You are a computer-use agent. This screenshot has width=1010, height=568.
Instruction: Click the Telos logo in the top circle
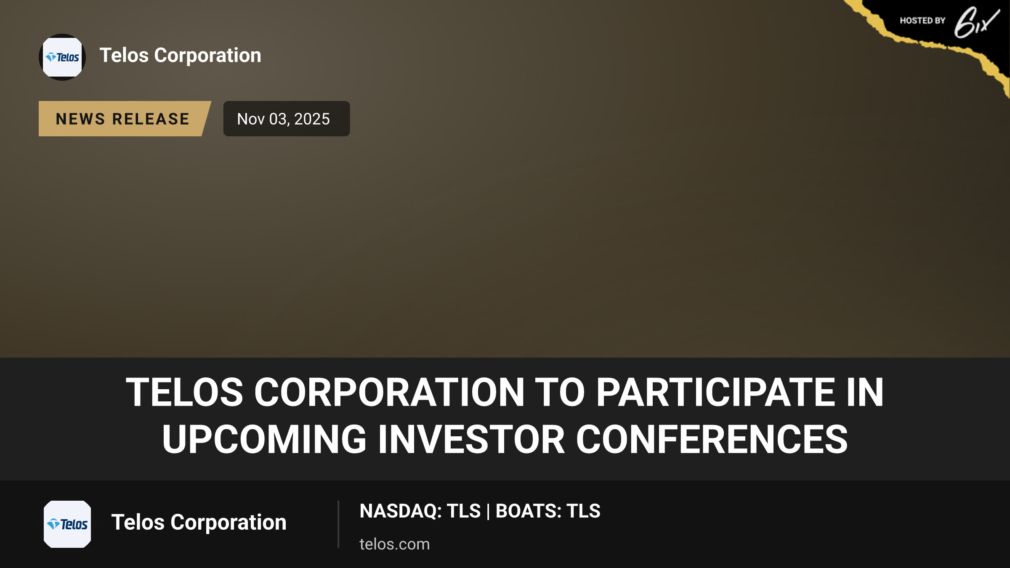click(62, 57)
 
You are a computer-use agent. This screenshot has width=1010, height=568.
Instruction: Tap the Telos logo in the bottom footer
click(67, 524)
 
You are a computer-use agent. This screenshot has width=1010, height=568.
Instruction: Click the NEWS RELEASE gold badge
click(125, 119)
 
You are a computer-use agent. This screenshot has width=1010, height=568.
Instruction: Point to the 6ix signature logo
click(976, 22)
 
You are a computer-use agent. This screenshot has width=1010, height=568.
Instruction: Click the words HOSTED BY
click(922, 21)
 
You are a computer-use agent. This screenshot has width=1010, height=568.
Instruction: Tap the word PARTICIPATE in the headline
click(715, 392)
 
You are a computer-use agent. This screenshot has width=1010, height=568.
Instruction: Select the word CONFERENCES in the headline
click(712, 439)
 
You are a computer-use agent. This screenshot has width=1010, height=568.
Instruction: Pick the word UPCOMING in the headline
click(264, 439)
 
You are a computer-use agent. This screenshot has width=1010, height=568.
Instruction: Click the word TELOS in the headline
click(184, 392)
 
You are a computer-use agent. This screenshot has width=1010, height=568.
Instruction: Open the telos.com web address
click(395, 544)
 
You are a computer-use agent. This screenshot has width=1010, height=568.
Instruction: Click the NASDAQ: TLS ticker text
click(420, 511)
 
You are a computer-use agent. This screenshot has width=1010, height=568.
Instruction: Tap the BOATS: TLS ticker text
click(548, 511)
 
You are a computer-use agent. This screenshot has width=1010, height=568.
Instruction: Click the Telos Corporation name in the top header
click(180, 55)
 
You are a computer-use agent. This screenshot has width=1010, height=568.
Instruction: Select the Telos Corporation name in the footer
click(199, 523)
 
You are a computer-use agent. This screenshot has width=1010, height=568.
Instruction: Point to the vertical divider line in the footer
click(338, 524)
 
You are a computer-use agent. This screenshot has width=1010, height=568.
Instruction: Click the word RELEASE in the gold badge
click(151, 119)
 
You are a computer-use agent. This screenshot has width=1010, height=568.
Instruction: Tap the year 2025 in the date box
click(312, 119)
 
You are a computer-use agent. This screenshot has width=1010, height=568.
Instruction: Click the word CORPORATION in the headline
click(389, 392)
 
